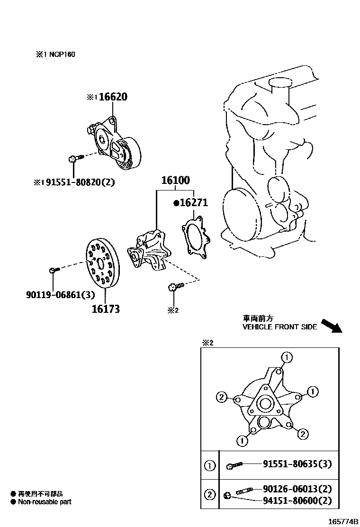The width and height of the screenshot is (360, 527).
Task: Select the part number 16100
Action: (x=175, y=181)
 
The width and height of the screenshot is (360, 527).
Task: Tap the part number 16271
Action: (x=194, y=203)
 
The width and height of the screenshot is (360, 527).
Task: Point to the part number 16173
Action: (x=105, y=309)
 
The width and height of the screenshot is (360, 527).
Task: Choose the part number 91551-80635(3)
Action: (x=297, y=464)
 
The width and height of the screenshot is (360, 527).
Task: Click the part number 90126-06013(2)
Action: (x=297, y=490)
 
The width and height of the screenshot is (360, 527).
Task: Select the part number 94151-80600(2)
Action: (x=297, y=500)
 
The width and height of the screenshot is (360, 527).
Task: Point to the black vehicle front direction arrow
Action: (x=331, y=326)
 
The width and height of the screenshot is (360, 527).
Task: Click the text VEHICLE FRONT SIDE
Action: (x=279, y=327)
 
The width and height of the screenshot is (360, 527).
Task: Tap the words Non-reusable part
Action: (x=45, y=502)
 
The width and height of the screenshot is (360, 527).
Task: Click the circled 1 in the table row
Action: (x=209, y=465)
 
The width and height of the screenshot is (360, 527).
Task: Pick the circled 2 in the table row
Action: (x=209, y=495)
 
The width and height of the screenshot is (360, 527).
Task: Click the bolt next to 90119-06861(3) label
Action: (x=53, y=270)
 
